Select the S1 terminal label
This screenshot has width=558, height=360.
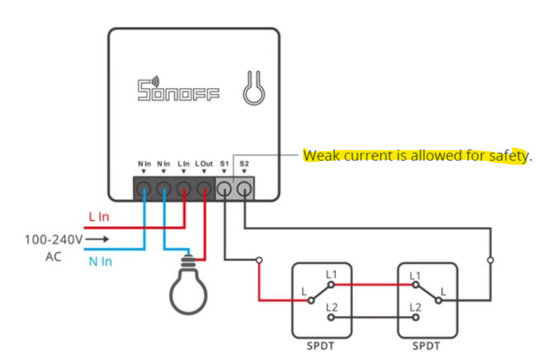(224, 164)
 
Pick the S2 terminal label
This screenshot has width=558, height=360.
(244, 164)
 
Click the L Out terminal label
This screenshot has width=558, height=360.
(204, 164)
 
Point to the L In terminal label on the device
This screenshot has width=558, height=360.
(184, 164)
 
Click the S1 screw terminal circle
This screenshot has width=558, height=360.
(224, 188)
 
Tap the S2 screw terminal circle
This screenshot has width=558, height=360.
(244, 188)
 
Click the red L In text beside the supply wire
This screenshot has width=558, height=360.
(99, 216)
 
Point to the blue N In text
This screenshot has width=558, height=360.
(100, 262)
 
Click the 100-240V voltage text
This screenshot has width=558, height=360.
(54, 240)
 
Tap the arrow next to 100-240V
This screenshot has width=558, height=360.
(97, 240)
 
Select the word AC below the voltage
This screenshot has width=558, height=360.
(53, 257)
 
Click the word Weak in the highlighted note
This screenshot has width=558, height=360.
(322, 155)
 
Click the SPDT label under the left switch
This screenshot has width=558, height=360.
(320, 346)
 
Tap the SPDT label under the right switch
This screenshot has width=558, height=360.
(427, 346)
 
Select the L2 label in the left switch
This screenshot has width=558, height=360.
(332, 308)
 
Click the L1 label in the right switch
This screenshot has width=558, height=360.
(416, 276)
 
